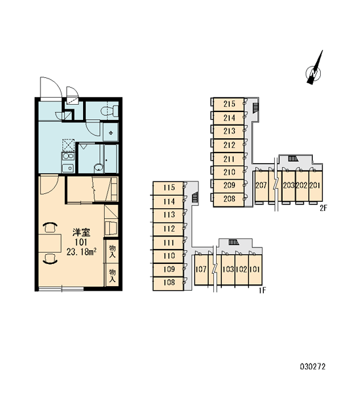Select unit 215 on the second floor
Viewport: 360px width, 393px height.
pyautogui.click(x=228, y=104)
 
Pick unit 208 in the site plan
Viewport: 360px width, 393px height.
pyautogui.click(x=228, y=200)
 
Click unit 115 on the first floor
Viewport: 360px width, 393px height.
pyautogui.click(x=168, y=188)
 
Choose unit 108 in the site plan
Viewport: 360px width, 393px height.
pyautogui.click(x=168, y=284)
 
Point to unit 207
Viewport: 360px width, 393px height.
pyautogui.click(x=261, y=185)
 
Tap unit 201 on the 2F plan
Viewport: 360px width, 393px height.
pyautogui.click(x=315, y=185)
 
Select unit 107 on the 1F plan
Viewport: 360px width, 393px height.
pyautogui.click(x=201, y=269)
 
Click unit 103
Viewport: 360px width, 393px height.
pyautogui.click(x=228, y=269)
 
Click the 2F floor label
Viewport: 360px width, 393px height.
pyautogui.click(x=323, y=208)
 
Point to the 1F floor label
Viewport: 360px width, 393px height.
pyautogui.click(x=262, y=290)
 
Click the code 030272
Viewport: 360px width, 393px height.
pyautogui.click(x=313, y=367)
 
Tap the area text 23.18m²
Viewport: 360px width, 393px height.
pyautogui.click(x=82, y=252)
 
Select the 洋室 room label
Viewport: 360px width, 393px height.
pyautogui.click(x=81, y=233)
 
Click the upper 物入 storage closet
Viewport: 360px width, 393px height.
pyautogui.click(x=112, y=251)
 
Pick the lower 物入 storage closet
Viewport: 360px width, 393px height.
pyautogui.click(x=112, y=274)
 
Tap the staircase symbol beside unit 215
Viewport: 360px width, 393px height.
pyautogui.click(x=255, y=108)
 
